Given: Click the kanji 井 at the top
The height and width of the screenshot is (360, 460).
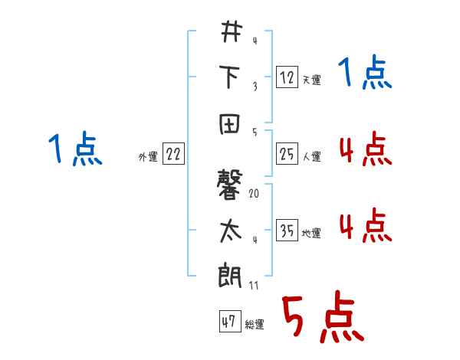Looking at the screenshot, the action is [230, 32].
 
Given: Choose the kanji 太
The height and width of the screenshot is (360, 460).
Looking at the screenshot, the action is [230, 231].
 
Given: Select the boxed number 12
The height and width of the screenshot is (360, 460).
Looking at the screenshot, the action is [286, 77].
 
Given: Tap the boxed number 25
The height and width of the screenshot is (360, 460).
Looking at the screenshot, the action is [286, 154].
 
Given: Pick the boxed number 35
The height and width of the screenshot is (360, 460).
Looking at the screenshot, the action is [286, 231].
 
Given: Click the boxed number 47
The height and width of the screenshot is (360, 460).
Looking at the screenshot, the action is [228, 322].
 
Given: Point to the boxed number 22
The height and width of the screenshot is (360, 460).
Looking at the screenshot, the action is [173, 154].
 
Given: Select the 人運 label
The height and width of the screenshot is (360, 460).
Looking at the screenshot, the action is [311, 157].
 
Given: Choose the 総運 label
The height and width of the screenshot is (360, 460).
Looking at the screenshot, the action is [254, 326].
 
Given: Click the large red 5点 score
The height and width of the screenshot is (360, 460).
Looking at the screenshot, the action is [322, 319].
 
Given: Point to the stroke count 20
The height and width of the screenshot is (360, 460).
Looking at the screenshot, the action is [254, 194].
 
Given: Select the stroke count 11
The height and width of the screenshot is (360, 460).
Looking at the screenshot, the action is [254, 286].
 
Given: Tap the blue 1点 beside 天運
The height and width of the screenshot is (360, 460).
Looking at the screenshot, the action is [365, 74].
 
